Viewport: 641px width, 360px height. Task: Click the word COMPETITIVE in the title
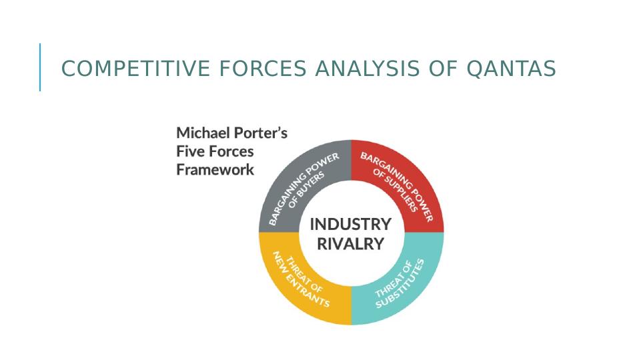tap(135, 68)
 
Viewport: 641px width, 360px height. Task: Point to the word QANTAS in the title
tap(511, 68)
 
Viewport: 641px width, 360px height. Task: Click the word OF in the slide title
tap(443, 68)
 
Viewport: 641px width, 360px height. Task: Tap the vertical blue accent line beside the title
tap(40, 67)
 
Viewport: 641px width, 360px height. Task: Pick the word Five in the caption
tap(189, 151)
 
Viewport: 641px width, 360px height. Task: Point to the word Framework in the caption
tap(215, 169)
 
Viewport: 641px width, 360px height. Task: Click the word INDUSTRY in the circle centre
tap(351, 225)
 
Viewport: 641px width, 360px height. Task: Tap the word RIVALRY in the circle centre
tap(351, 244)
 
